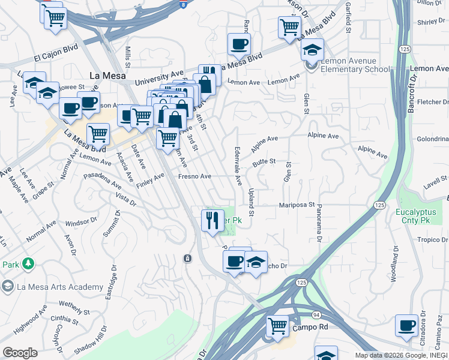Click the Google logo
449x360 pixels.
(x=20, y=353)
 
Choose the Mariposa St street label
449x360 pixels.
(x=297, y=205)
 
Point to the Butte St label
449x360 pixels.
(x=264, y=161)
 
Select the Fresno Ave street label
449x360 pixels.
(x=195, y=176)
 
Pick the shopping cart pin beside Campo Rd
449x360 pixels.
(x=278, y=327)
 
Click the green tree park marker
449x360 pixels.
(x=27, y=263)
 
